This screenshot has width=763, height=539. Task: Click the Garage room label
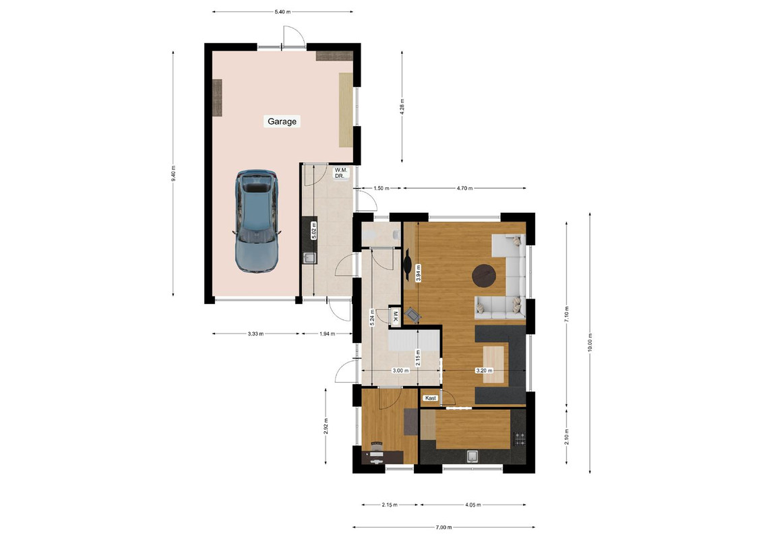[282, 121]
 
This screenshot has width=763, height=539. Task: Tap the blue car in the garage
[256, 221]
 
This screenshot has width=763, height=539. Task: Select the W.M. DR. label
[340, 172]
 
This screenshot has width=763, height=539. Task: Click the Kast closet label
[431, 398]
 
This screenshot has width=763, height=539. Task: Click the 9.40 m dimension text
[174, 174]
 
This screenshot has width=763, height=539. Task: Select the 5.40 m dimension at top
[282, 11]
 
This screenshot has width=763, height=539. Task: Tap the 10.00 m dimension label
[590, 342]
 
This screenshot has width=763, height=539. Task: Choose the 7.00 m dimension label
[444, 527]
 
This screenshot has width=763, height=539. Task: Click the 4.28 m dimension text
[402, 106]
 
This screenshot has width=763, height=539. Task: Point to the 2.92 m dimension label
[326, 426]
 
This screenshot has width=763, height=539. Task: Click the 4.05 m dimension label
[472, 505]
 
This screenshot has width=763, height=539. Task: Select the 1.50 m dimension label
[381, 188]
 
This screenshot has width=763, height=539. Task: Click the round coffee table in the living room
[485, 275]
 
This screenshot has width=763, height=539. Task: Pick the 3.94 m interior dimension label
[417, 274]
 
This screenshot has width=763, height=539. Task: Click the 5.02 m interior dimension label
[314, 230]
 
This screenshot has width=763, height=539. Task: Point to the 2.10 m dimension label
[566, 437]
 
